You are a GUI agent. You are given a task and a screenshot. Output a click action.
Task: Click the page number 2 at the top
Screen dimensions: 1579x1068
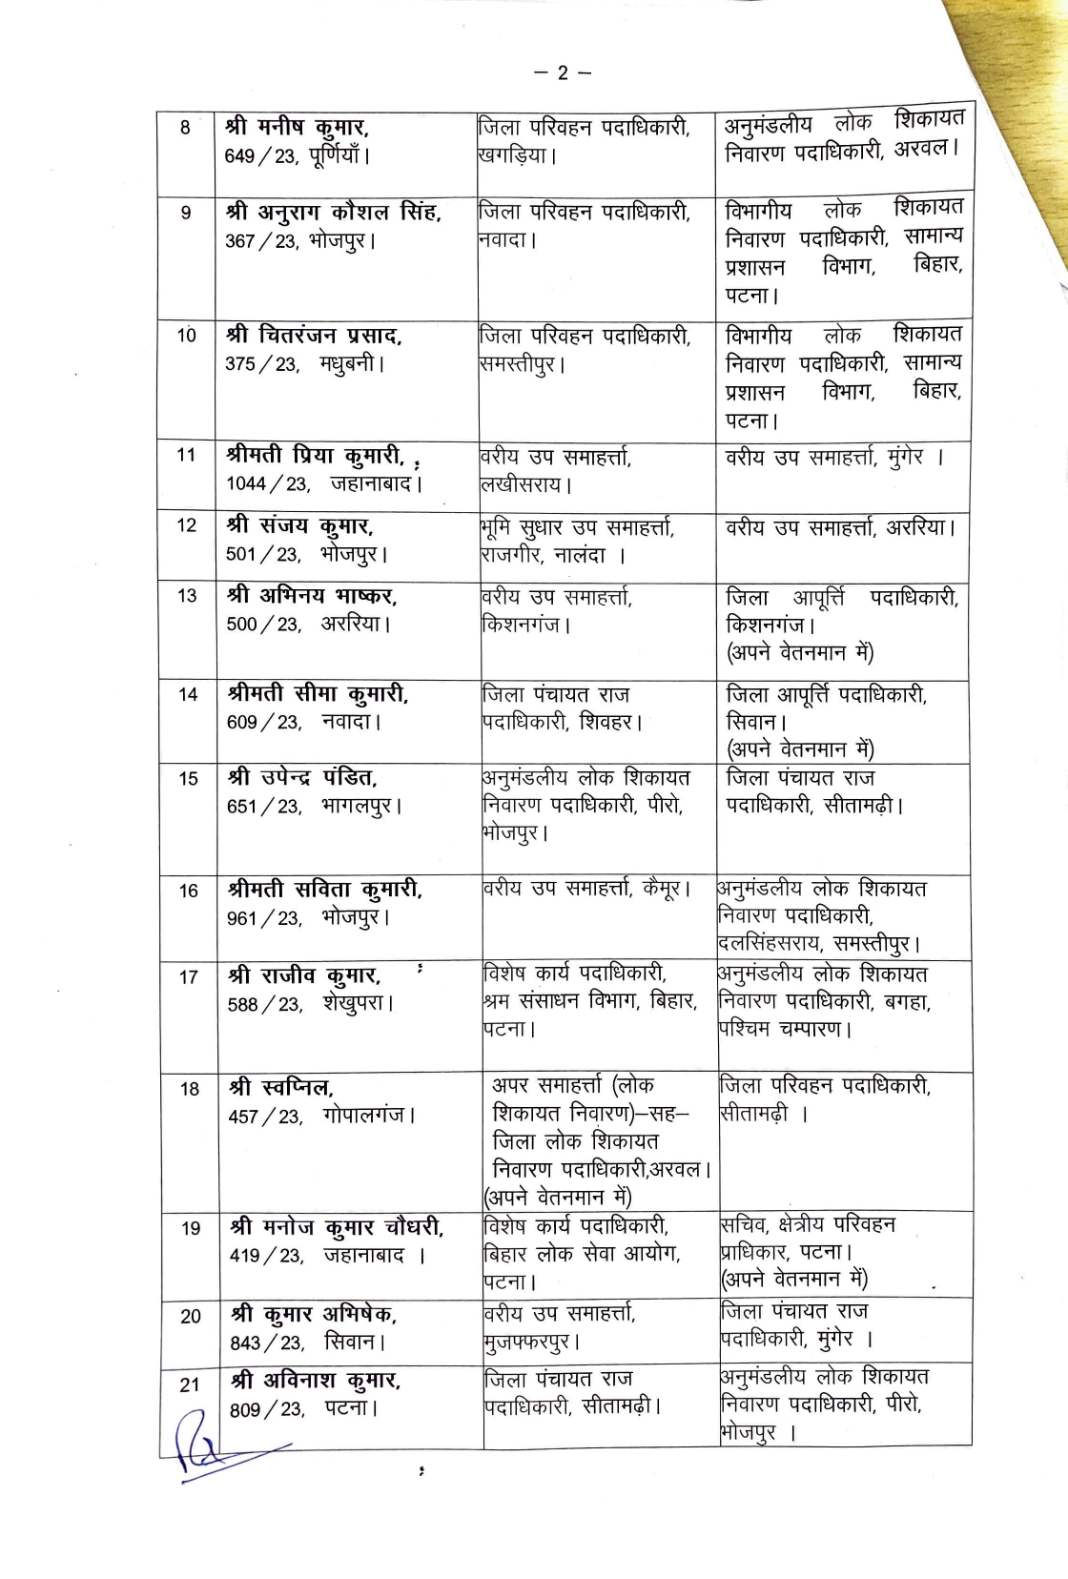pos(562,72)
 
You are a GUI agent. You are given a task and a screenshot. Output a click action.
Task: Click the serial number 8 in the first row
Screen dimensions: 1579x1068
pos(185,127)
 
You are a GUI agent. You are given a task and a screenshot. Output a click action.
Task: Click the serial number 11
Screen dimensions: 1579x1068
pos(187,455)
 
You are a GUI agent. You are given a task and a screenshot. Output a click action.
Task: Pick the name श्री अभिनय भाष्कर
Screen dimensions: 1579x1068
pos(313,596)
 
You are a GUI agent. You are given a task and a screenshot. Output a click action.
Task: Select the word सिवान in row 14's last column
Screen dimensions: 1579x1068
pos(750,723)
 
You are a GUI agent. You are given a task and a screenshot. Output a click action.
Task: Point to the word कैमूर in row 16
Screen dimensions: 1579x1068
pos(659,889)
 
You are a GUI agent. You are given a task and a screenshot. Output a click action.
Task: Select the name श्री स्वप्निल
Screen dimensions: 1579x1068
pos(281,1087)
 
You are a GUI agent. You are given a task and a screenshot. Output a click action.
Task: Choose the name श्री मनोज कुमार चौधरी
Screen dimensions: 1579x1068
pos(337,1227)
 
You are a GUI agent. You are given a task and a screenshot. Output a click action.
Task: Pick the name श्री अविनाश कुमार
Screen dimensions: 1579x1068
pos(316,1380)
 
